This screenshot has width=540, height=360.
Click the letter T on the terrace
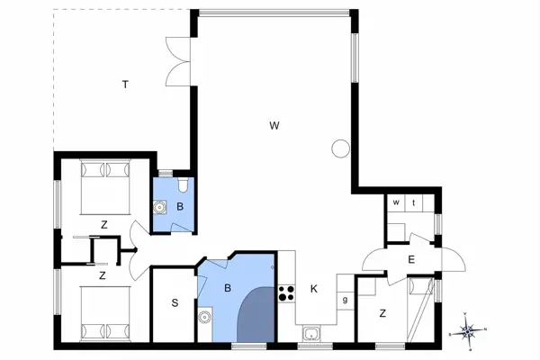(x=125, y=85)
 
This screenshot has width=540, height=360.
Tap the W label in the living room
(x=272, y=125)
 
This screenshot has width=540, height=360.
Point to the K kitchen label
(x=313, y=289)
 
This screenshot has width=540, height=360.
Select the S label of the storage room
(x=174, y=302)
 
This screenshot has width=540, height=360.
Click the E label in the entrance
(x=410, y=259)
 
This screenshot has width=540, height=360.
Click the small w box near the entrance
(x=395, y=203)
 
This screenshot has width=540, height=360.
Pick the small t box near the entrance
(x=414, y=203)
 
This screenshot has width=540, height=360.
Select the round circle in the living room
(x=340, y=148)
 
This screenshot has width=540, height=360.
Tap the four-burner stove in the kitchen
(x=287, y=292)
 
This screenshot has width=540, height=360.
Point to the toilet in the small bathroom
(x=183, y=186)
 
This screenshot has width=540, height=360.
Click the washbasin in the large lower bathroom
(x=205, y=316)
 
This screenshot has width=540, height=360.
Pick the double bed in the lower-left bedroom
(x=101, y=310)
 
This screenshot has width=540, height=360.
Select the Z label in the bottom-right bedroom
(x=383, y=313)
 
